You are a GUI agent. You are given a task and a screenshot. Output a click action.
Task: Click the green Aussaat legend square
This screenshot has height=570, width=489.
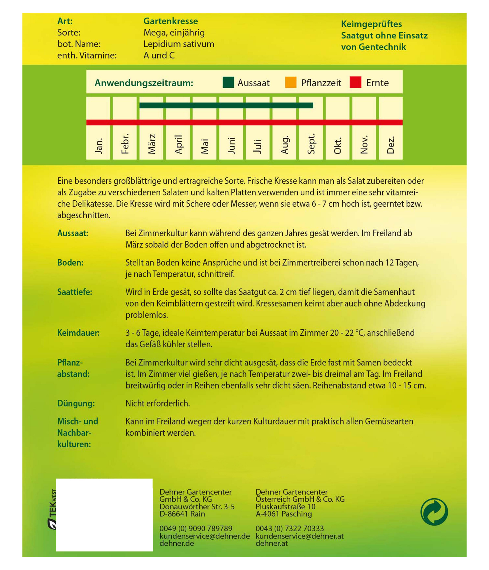(228, 83)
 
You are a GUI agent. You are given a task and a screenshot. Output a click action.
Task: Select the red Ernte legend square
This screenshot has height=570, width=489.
(355, 83)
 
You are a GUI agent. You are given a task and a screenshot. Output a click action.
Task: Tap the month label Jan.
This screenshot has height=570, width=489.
(98, 146)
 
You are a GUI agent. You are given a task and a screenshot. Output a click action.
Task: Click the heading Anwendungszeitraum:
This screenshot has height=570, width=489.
(144, 83)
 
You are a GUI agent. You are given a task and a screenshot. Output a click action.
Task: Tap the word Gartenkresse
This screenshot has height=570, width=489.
(170, 21)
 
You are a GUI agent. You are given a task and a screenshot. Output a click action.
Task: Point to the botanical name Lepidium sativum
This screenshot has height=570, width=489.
(179, 44)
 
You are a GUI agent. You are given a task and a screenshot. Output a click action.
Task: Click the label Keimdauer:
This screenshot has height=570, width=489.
(78, 333)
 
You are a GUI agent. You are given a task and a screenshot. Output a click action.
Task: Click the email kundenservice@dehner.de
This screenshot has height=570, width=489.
(204, 536)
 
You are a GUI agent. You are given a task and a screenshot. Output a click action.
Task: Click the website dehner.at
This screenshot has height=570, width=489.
(271, 543)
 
